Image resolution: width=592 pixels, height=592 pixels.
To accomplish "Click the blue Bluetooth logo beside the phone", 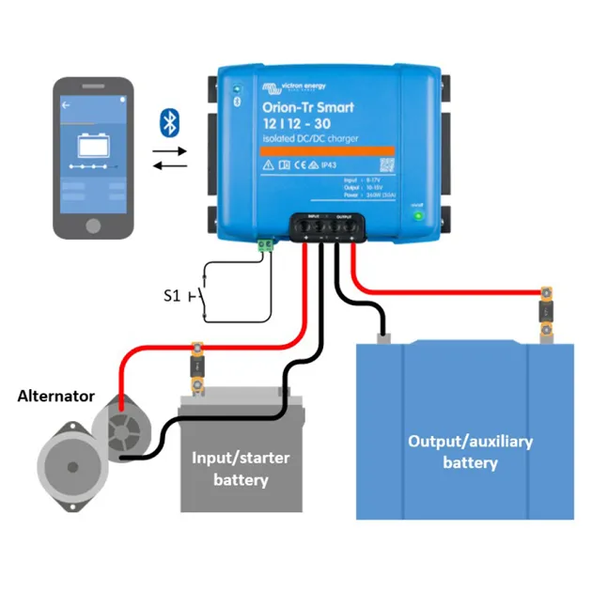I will coord(169,121).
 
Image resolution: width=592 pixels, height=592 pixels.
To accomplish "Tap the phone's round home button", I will coord(92,226).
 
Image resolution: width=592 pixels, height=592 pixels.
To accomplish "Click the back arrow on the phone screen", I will coord(66,106).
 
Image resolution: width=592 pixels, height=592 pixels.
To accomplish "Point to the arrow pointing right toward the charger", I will coord(169,149).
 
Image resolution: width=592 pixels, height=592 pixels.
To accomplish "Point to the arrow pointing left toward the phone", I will coord(169,166).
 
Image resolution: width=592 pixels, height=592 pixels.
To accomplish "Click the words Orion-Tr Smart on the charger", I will coord(307,107).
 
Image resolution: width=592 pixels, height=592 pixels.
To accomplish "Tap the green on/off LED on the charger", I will coord(419,215).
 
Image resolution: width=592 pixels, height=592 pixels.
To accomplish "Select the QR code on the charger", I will coord(386,164).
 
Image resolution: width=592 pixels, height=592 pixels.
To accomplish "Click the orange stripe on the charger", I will coord(326,150).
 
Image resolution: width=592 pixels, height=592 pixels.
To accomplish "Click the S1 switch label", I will coord(171,297).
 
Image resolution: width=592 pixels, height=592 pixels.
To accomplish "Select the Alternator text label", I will coord(55,396).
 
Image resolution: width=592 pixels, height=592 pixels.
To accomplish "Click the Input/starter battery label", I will coord(241,469).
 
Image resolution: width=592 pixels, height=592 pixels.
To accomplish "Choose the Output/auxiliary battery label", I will coord(470,451).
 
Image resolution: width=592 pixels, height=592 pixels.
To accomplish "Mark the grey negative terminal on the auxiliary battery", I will coord(382,335).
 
